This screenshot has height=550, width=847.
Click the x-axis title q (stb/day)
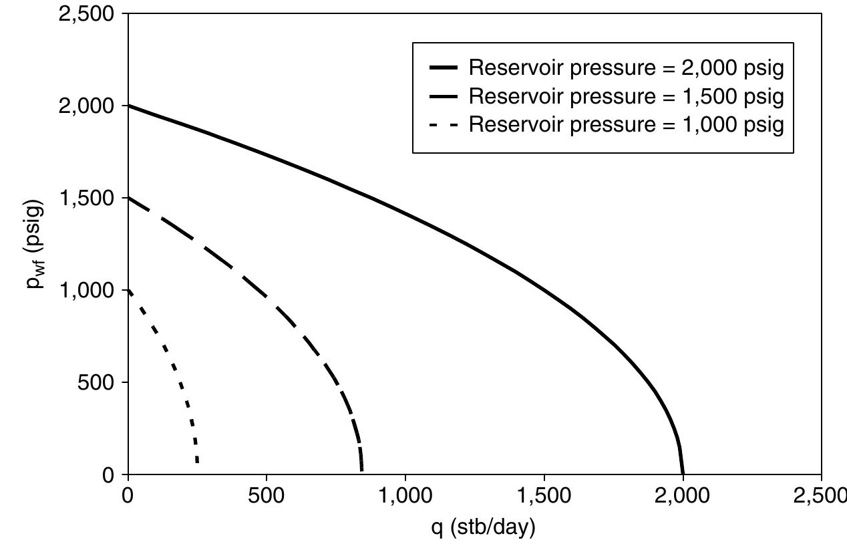pos(484,528)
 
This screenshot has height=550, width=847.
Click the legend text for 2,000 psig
pos(626,67)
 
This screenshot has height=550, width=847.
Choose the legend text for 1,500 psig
pos(626,96)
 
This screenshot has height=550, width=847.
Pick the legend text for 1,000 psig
pos(626,125)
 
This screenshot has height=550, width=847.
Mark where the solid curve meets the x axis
pos(683,474)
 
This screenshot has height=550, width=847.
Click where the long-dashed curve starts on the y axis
pos(128,198)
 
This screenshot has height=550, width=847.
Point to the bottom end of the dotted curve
pos(197,461)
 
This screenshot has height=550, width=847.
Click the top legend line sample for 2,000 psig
pos(446,68)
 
